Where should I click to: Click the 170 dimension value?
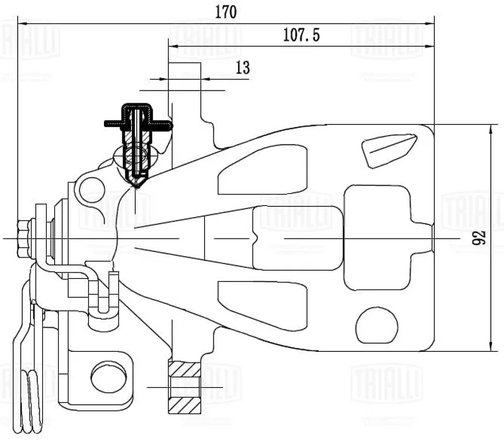pyautogui.click(x=226, y=12)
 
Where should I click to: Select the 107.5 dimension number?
pyautogui.click(x=301, y=35)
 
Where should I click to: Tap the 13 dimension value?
pyautogui.click(x=243, y=68)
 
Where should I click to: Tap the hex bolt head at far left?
pyautogui.click(x=23, y=239)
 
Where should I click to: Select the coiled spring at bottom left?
pyautogui.click(x=31, y=402)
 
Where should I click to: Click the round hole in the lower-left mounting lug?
pyautogui.click(x=108, y=377)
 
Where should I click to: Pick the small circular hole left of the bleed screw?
pyautogui.click(x=92, y=189)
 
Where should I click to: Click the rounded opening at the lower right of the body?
pyautogui.click(x=377, y=325)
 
